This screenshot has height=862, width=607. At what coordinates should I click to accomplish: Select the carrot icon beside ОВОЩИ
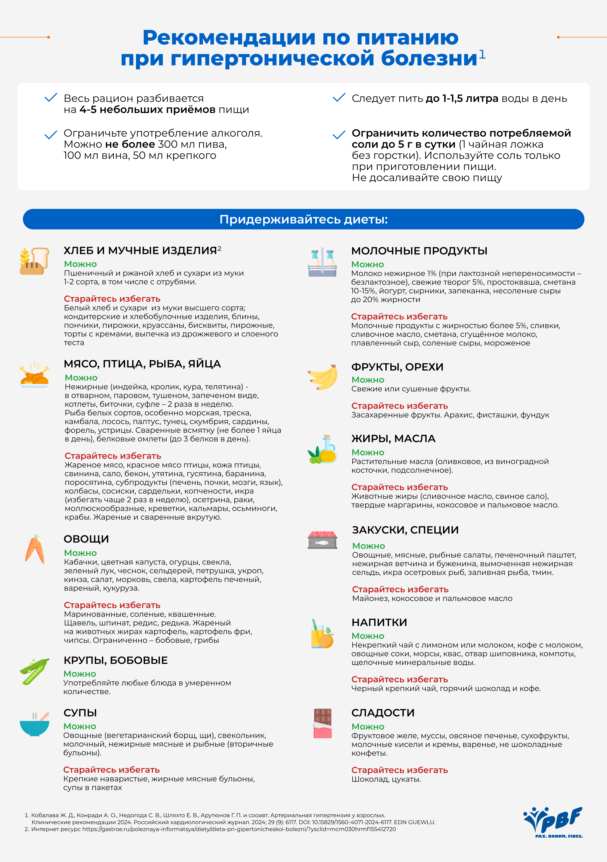34,549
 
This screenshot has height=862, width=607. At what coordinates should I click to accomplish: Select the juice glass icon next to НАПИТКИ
322,634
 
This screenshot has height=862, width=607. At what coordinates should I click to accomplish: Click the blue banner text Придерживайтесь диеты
303,219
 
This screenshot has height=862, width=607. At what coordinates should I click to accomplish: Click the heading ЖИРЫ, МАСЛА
393,439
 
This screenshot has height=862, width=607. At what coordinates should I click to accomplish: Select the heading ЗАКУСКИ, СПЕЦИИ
405,530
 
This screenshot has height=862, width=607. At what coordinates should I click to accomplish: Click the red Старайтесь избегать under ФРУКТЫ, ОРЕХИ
400,406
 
